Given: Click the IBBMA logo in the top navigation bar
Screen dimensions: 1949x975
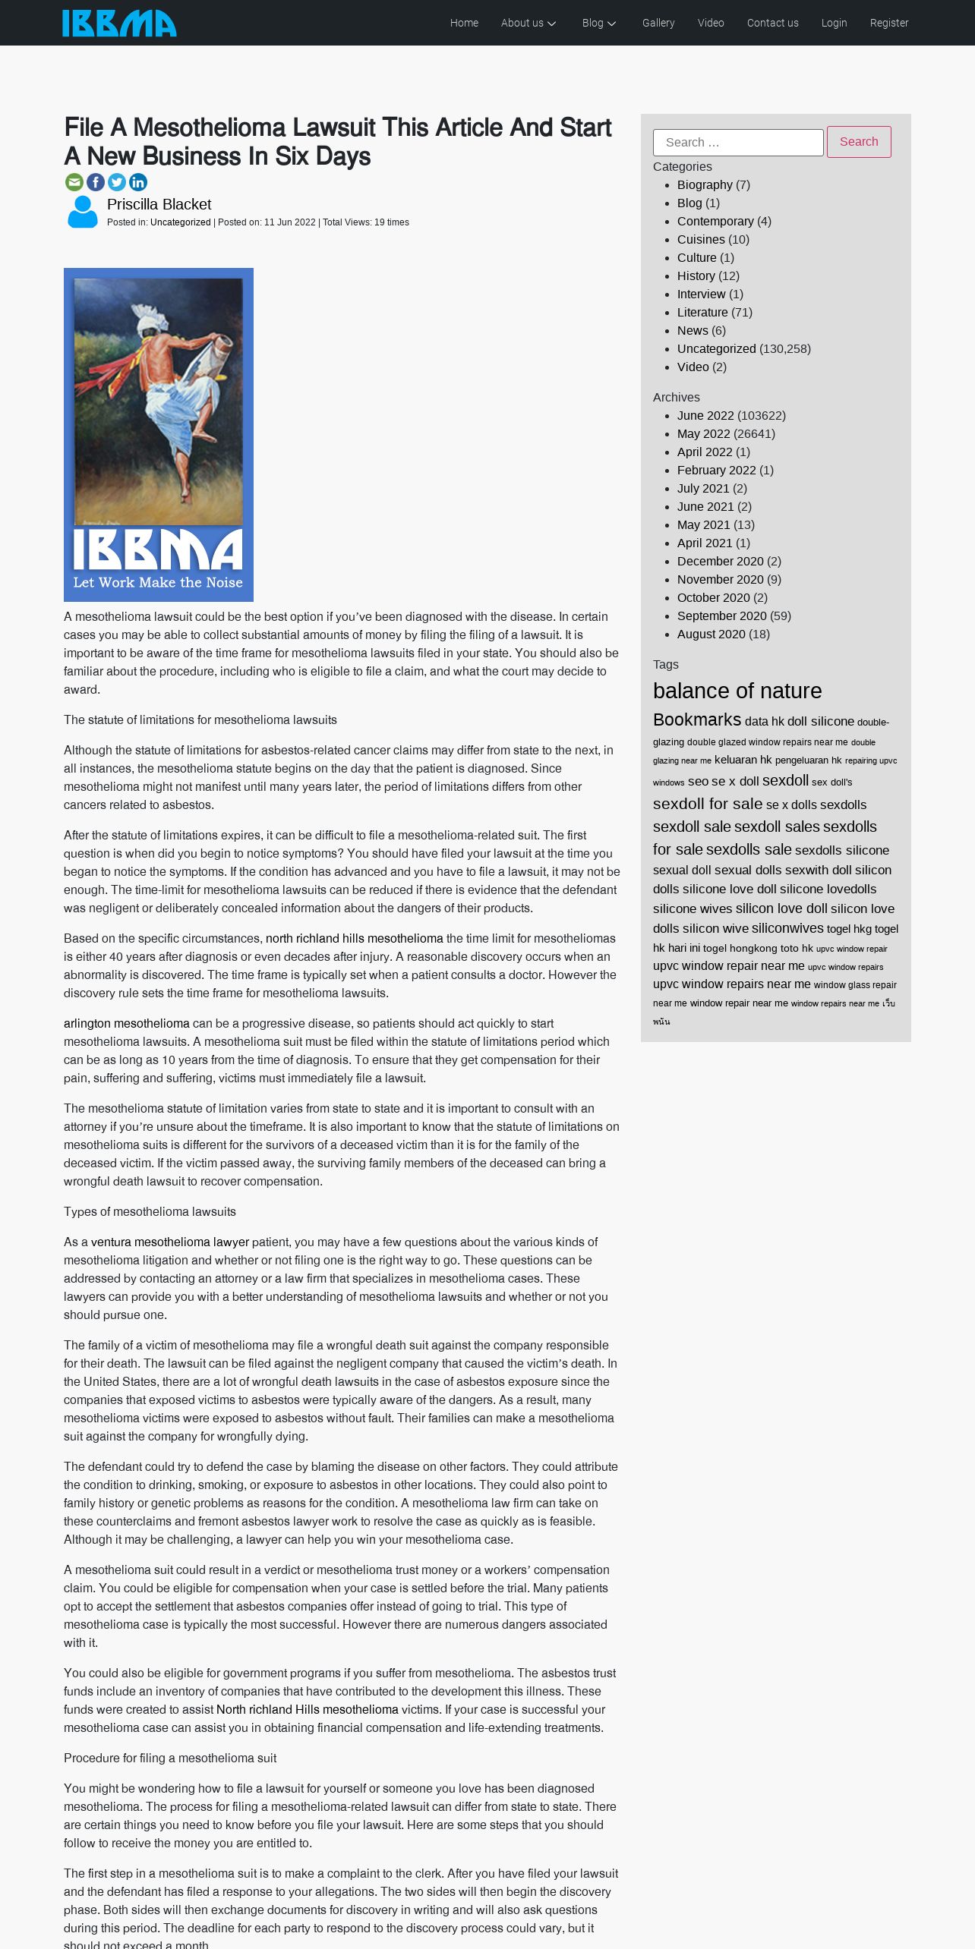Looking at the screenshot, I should coord(119,23).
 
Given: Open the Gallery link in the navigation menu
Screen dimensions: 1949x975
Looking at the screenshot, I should coord(658,23).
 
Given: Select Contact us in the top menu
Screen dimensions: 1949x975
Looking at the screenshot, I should coord(772,23).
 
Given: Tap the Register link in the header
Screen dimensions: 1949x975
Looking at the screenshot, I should coord(888,23).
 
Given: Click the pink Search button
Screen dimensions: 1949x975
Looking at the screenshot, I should coord(858,142).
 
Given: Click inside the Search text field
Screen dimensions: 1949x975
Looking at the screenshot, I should coord(737,143).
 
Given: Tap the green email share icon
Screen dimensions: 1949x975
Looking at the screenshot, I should coord(74,182).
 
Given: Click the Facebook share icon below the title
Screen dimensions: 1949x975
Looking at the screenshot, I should coord(96,182).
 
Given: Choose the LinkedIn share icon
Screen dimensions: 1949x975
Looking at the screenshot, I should coord(138,182).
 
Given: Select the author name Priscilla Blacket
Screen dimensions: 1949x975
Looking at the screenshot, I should coord(159,204).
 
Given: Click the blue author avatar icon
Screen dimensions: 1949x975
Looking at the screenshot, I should coord(83,212).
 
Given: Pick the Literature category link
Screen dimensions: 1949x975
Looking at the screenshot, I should coord(702,312).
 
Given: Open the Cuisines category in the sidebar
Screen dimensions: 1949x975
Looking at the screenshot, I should coord(700,239).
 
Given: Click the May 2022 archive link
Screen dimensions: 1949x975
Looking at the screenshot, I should coord(703,433).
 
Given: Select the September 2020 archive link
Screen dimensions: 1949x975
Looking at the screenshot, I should coord(721,616).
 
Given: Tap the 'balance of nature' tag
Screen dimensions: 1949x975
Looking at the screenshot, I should coord(737,691).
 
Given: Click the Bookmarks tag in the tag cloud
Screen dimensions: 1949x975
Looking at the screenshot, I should coord(696,719).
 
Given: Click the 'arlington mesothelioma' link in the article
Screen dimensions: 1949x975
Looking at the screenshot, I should coord(126,1023).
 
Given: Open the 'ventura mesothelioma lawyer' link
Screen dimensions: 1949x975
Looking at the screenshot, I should coord(169,1242).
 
